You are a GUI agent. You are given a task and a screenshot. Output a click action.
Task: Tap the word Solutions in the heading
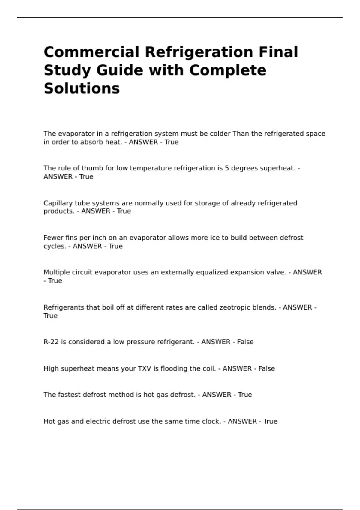point(82,88)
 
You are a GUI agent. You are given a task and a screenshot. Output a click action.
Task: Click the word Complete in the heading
point(228,70)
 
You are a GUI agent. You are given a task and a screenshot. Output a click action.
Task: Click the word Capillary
point(58,203)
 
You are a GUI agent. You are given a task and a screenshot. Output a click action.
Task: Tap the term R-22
point(51,342)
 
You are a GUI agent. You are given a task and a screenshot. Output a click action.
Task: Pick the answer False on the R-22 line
point(245,342)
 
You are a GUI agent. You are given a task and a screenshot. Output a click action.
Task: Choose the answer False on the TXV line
point(266,368)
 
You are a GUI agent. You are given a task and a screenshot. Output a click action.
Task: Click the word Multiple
point(56,272)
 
